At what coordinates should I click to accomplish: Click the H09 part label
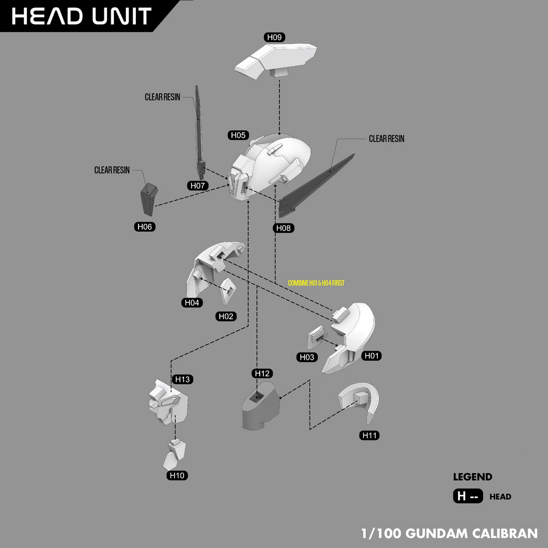pos(275,37)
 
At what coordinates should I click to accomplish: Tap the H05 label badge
pos(238,135)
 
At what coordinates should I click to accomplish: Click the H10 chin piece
pos(174,455)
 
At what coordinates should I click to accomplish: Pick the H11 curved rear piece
pos(360,401)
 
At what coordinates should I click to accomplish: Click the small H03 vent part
pos(316,337)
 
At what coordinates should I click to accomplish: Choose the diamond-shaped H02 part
pos(228,291)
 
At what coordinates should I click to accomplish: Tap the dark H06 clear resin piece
pos(149,199)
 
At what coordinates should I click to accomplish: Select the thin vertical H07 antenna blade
pos(200,133)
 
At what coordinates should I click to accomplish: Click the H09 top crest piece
pos(276,61)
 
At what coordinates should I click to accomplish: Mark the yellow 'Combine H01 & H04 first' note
pos(316,283)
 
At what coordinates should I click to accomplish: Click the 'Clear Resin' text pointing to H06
pos(112,170)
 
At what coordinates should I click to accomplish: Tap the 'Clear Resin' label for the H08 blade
pos(386,139)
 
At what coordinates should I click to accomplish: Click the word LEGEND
pos(473,477)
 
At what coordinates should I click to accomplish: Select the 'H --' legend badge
pos(468,496)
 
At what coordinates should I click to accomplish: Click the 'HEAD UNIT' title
pos(81,16)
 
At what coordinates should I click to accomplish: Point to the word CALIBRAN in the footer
pos(505,534)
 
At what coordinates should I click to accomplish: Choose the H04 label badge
pos(192,303)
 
